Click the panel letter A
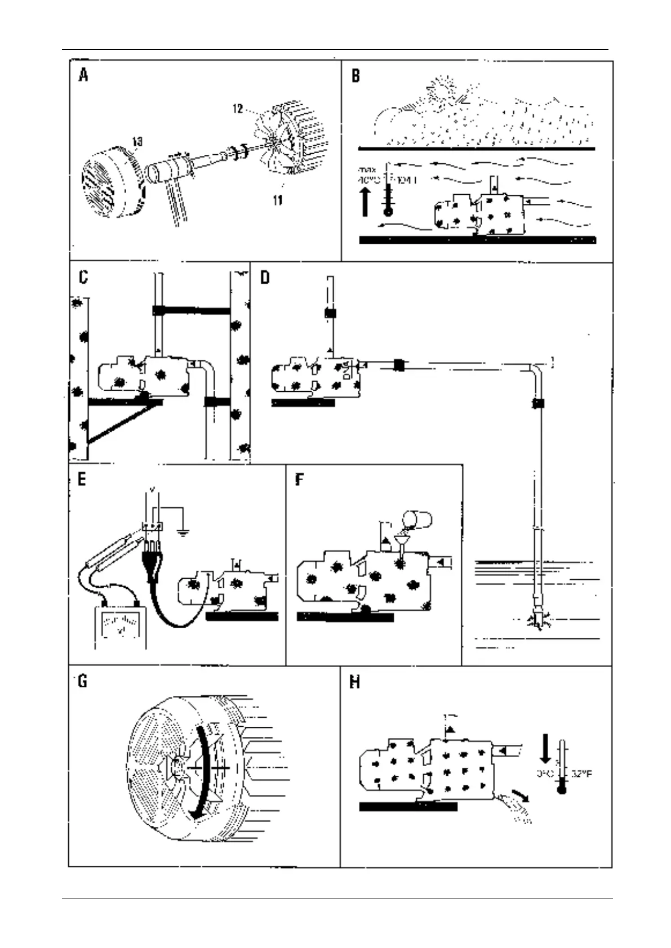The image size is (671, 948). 83,75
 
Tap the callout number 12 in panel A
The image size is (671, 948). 238,109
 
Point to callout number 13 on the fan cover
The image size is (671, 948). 137,142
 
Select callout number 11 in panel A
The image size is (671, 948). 277,200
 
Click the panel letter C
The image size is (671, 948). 83,278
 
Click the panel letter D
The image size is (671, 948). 265,278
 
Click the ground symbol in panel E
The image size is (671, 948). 183,531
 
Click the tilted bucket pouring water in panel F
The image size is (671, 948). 420,518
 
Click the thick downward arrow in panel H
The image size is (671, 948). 545,747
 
